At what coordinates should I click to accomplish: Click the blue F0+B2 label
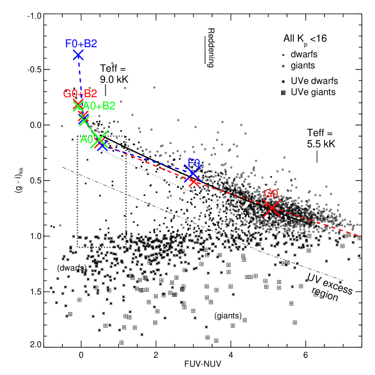tap(81, 43)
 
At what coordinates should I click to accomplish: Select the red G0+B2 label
tap(80, 93)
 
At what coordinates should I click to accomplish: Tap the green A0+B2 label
tap(99, 106)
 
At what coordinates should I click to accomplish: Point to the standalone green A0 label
tap(86, 139)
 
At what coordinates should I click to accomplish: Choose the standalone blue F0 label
tap(194, 163)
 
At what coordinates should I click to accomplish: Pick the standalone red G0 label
tap(271, 194)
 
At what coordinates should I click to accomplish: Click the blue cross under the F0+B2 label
tap(78, 55)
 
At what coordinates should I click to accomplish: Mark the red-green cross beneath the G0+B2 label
tap(78, 105)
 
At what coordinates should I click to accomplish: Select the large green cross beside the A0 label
tap(100, 139)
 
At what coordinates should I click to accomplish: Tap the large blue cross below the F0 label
tap(192, 174)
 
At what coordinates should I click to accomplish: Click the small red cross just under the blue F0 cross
tap(194, 182)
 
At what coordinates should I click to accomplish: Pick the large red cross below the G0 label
tap(272, 208)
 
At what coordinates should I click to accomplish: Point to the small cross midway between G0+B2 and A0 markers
tap(84, 119)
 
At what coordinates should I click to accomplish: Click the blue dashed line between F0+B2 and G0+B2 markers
tap(79, 78)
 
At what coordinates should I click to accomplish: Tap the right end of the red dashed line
tap(362, 237)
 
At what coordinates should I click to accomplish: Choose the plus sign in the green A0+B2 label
tap(99, 106)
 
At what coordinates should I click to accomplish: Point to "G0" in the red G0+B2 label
tap(70, 93)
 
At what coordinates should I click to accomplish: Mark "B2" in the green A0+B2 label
tap(108, 106)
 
